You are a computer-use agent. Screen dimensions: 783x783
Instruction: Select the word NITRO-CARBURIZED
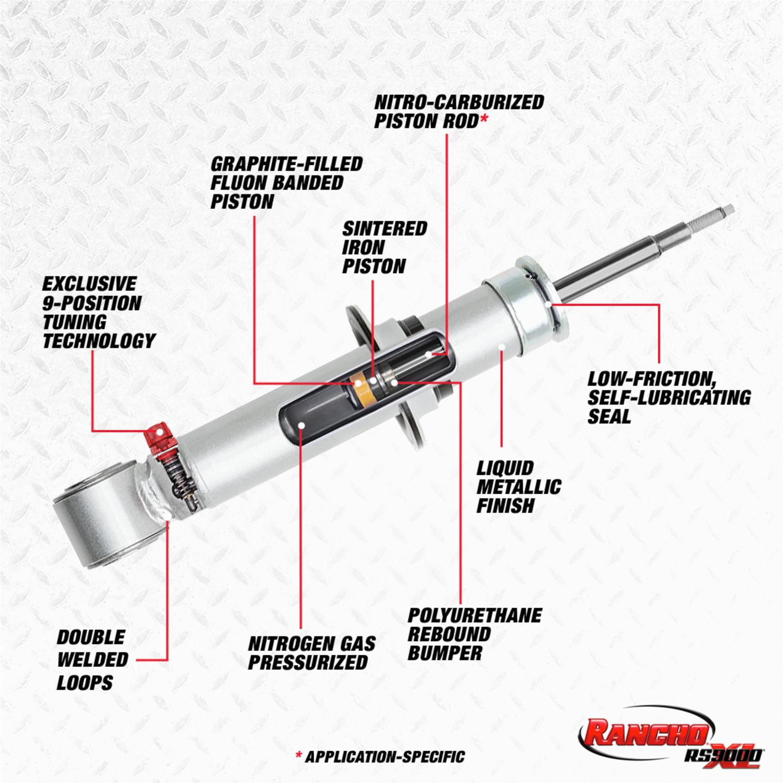(459, 102)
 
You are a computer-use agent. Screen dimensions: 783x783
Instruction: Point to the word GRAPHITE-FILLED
(286, 164)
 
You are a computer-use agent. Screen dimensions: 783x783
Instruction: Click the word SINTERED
(385, 229)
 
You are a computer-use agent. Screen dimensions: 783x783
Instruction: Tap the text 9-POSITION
(92, 303)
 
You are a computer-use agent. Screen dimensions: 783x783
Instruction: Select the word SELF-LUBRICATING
(669, 397)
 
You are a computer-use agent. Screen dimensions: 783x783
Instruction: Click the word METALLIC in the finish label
(519, 487)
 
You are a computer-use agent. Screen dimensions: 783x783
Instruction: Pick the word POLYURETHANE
(475, 615)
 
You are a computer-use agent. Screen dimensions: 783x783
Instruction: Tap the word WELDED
(92, 659)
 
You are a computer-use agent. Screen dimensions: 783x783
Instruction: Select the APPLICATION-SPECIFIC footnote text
(385, 757)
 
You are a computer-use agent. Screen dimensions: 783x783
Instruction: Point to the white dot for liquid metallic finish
(502, 346)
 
